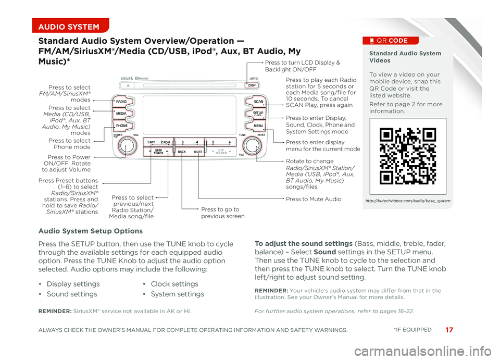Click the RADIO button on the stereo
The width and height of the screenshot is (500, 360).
121,102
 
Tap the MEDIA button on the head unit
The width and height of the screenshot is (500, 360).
121,113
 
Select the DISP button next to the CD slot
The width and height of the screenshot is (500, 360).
252,85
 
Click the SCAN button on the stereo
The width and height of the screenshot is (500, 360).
258,101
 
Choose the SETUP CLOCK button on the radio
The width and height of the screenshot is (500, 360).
258,113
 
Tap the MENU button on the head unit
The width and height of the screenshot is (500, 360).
258,126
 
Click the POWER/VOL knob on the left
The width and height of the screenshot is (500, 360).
126,146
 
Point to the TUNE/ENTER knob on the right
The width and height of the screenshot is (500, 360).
252,145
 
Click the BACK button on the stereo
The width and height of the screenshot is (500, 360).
181,152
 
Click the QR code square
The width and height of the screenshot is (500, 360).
408,156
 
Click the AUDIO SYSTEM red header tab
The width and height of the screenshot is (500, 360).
69,27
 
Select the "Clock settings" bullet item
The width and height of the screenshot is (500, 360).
174,284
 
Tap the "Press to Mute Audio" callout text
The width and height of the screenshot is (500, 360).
314,199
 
